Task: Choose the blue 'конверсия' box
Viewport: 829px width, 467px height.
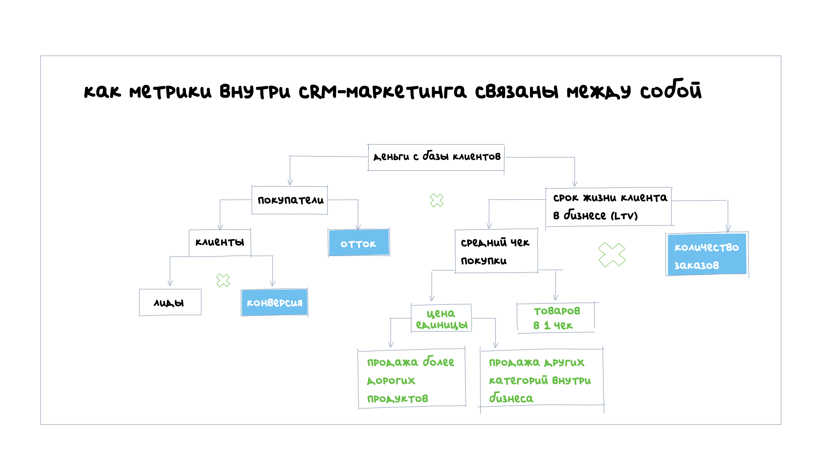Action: (275, 302)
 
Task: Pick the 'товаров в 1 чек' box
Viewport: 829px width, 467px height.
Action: (556, 318)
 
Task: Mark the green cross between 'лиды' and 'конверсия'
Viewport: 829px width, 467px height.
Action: (223, 280)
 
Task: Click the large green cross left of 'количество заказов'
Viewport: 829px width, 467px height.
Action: (612, 255)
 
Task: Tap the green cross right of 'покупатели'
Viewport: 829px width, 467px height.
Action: (437, 200)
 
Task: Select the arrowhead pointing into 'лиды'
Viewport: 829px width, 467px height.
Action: (170, 283)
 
